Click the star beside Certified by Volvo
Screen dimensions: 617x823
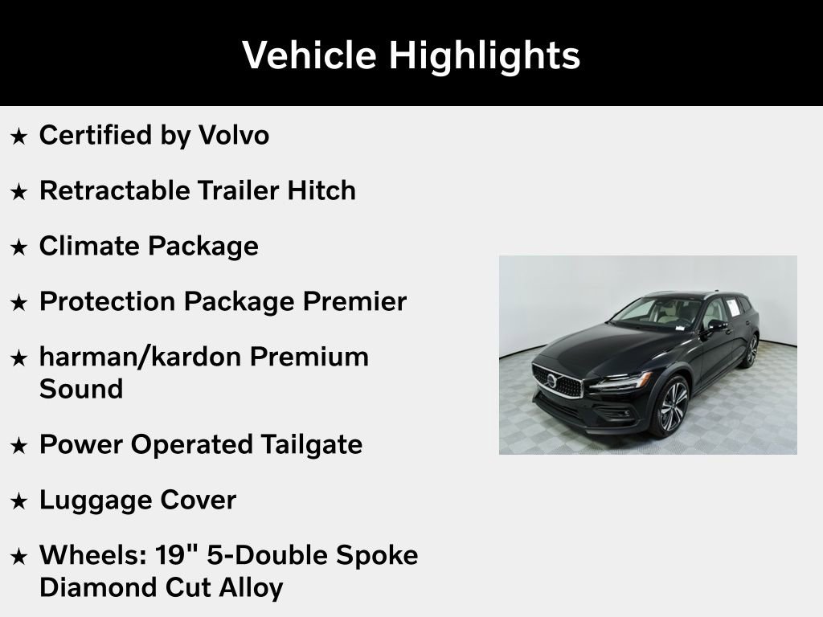tap(18, 137)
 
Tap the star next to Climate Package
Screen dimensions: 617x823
tap(18, 247)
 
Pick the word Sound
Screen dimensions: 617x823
tap(80, 389)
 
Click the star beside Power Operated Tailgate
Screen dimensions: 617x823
tap(18, 446)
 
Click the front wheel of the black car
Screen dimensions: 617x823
tap(672, 407)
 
